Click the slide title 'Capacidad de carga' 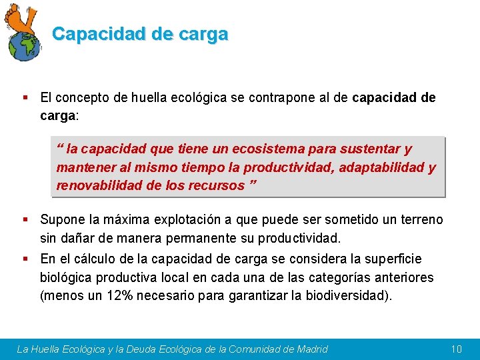click(140, 34)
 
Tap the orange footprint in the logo click(23, 19)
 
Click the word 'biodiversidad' click(348, 296)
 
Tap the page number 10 click(456, 349)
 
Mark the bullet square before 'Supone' click(25, 219)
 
